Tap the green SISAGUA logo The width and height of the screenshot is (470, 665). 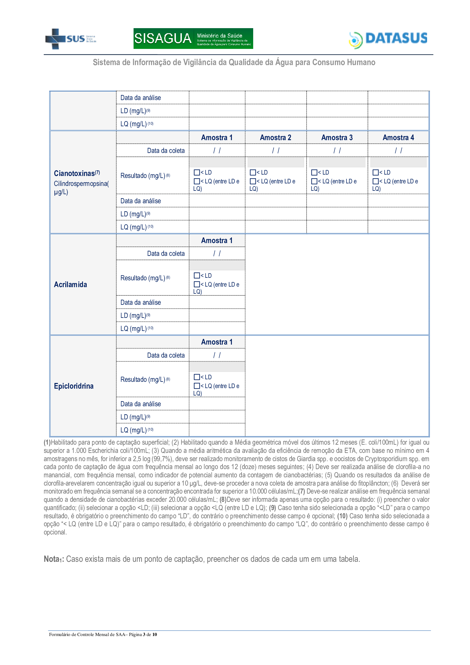(x=193, y=38)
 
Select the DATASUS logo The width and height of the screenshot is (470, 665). (x=388, y=39)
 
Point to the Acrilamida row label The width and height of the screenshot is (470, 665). (x=70, y=284)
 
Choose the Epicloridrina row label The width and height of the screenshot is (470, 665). (x=74, y=386)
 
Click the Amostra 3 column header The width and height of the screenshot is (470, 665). (x=337, y=137)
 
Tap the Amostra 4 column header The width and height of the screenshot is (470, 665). (x=398, y=137)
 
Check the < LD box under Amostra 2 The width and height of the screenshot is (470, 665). (x=253, y=173)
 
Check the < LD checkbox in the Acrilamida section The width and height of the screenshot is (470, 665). (x=197, y=275)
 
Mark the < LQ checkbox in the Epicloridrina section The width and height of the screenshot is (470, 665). (x=197, y=386)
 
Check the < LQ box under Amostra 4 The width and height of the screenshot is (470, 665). (x=375, y=181)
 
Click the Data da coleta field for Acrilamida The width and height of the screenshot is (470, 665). (x=217, y=253)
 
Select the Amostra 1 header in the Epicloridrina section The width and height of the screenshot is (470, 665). (x=217, y=342)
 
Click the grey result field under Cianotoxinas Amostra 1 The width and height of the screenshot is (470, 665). (x=217, y=162)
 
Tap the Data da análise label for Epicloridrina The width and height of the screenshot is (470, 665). (x=141, y=404)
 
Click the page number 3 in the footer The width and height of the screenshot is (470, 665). (x=144, y=634)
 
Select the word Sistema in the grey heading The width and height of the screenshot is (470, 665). (x=106, y=62)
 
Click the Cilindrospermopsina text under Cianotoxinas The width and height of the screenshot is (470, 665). (x=81, y=184)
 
